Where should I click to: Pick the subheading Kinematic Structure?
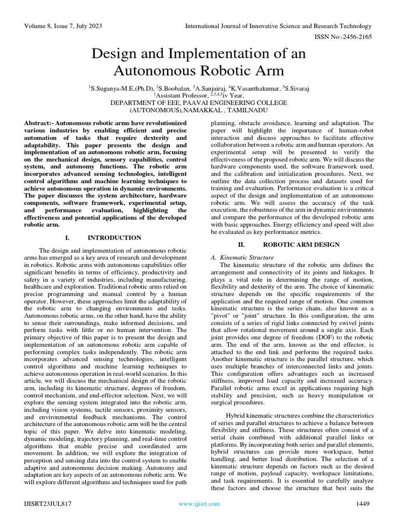[x=242, y=257]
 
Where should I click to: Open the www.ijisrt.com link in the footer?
[x=199, y=503]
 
